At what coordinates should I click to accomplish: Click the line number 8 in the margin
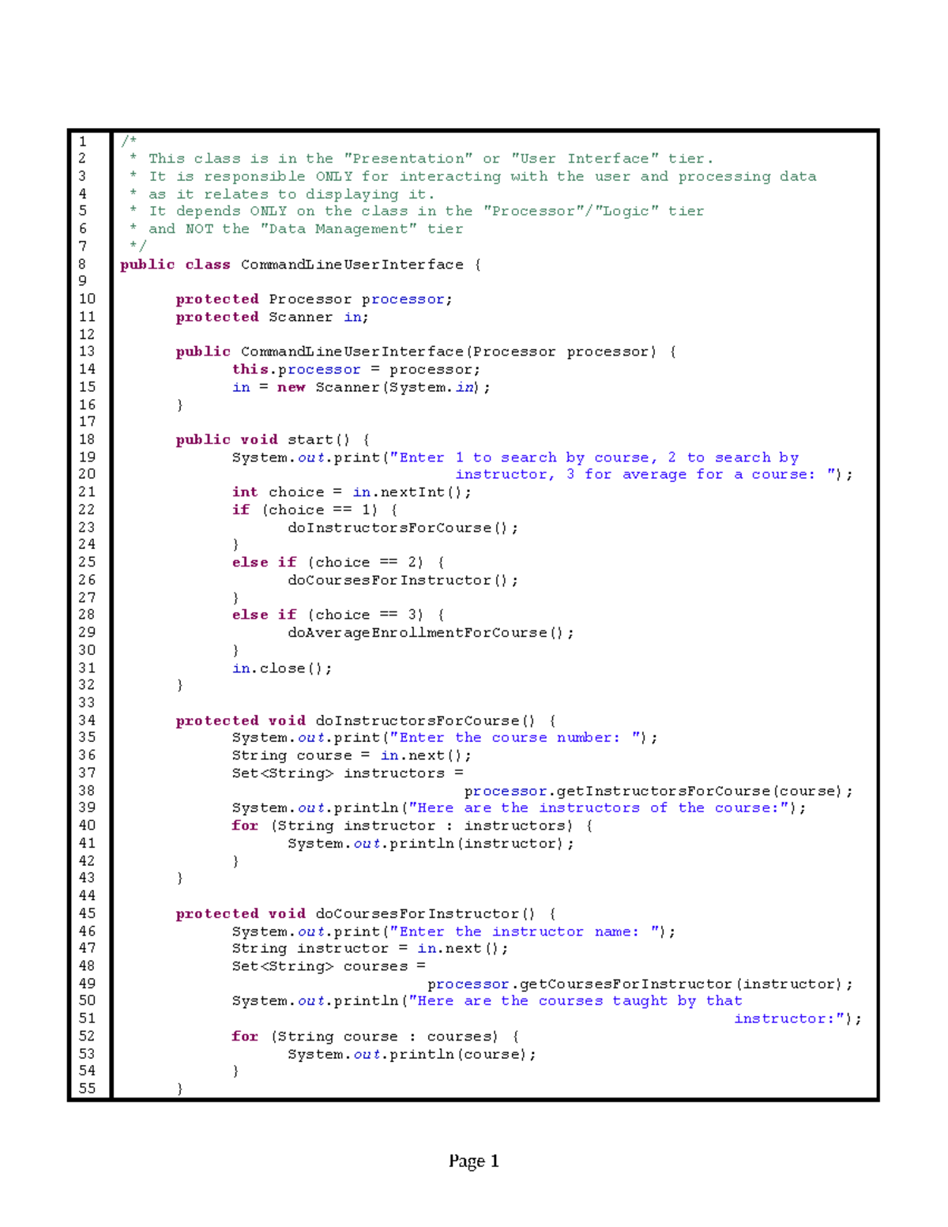tap(82, 264)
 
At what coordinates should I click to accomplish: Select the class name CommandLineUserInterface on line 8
tap(352, 264)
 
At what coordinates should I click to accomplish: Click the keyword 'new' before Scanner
tap(291, 387)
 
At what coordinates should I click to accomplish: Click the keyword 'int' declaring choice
tap(245, 491)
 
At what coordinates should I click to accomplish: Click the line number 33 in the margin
tap(86, 702)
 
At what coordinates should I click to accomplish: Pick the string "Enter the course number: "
tap(516, 737)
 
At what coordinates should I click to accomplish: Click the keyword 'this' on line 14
tap(250, 369)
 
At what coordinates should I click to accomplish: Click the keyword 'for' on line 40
tap(245, 826)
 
